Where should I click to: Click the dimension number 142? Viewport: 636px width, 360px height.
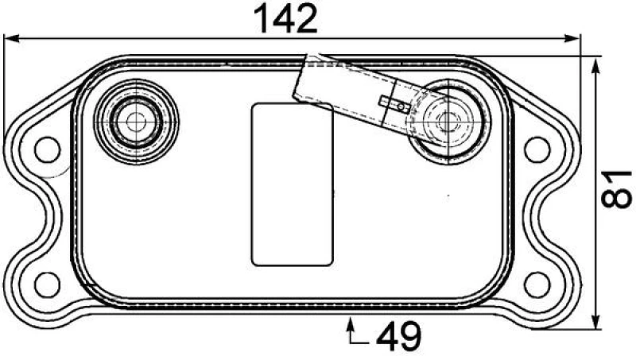coord(285,18)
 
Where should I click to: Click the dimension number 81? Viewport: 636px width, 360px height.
coord(615,189)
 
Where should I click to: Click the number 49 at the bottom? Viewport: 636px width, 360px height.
coord(399,336)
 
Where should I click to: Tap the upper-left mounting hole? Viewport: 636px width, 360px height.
coord(48,149)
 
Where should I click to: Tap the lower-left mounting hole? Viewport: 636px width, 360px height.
coord(48,285)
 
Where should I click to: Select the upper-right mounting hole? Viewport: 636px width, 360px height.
coord(537,149)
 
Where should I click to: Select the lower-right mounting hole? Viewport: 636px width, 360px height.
coord(537,285)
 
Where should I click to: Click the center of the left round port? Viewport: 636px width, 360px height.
coord(136,122)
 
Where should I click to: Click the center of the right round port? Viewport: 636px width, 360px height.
coord(448,121)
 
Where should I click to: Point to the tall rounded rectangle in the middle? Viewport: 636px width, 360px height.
coord(293,184)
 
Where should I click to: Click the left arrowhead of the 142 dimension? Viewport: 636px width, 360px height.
coord(11,39)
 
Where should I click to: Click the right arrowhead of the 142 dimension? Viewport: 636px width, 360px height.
coord(572,39)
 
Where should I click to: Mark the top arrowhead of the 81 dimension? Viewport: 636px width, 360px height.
coord(595,66)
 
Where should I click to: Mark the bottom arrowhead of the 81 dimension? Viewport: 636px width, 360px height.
coord(595,321)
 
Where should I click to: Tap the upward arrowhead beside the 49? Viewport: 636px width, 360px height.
coord(351,324)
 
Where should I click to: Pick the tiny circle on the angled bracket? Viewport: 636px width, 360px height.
coord(401,106)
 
